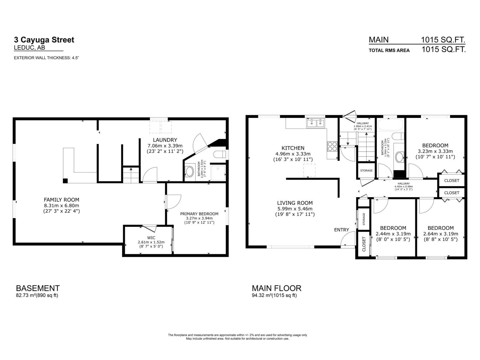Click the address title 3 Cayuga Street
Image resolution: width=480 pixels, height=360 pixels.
point(44,40)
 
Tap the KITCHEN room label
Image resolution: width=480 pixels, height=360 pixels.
point(293,148)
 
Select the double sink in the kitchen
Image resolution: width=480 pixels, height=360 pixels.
point(316,123)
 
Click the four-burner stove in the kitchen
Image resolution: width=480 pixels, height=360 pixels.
point(332,146)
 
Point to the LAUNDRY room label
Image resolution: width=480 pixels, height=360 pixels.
point(165,140)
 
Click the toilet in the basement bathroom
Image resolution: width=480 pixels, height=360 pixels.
point(220,154)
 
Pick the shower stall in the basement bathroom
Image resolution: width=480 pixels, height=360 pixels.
point(218,173)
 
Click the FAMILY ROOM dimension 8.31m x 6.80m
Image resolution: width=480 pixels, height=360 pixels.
point(61,205)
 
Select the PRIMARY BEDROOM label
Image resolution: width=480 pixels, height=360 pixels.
point(199,214)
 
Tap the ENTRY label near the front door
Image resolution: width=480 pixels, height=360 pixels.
point(341,230)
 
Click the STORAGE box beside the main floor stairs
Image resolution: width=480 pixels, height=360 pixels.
point(366,170)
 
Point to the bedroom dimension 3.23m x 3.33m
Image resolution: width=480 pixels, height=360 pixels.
point(435,151)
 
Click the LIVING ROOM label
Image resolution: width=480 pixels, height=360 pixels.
point(295,203)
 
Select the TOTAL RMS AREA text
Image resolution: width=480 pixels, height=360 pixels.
point(389,50)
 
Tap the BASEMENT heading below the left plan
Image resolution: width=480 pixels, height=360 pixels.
point(38,288)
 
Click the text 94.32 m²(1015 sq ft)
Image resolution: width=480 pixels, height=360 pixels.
point(274,295)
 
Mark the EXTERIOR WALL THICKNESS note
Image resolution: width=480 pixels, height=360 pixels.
point(46,58)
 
